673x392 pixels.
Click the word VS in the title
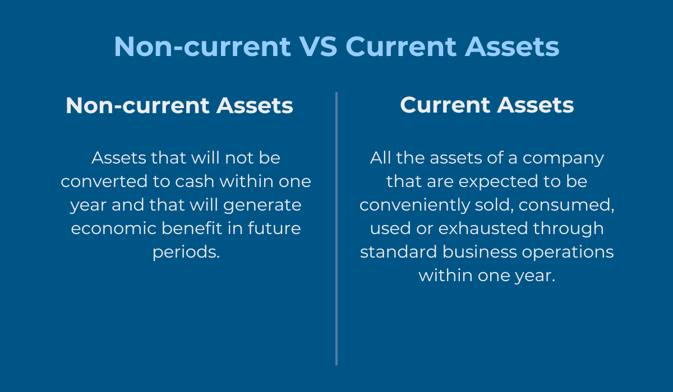[x=319, y=46]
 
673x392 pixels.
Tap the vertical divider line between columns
[x=336, y=228]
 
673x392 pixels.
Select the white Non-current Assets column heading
[x=179, y=106]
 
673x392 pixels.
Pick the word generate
[x=262, y=206]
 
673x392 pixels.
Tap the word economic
[x=113, y=228]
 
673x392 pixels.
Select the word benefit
[x=192, y=228]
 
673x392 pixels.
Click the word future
[x=274, y=228]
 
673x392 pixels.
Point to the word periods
[x=186, y=253]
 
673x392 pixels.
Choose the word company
[x=563, y=158]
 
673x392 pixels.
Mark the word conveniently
[x=414, y=206]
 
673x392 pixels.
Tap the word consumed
[x=566, y=206]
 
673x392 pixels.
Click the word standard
[x=398, y=251]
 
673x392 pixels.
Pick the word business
[x=480, y=251]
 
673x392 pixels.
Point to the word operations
[x=568, y=253]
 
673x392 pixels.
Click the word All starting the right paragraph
[x=380, y=158]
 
